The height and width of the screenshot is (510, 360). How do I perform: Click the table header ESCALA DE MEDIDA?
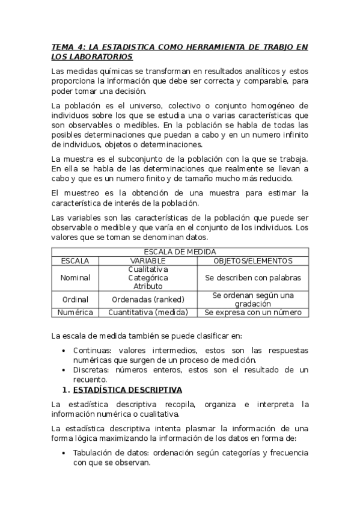180,251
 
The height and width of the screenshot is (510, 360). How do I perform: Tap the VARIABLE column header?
148,260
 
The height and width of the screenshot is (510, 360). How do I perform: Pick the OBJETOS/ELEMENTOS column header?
253,260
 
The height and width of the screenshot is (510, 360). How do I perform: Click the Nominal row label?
75,278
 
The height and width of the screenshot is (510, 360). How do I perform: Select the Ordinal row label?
75,300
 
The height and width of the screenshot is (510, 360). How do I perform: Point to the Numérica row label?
75,312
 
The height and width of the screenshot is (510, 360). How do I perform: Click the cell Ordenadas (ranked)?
148,300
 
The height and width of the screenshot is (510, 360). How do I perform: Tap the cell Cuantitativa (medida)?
148,312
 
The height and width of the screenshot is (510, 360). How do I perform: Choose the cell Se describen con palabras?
253,278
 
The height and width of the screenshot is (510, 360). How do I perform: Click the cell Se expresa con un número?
253,312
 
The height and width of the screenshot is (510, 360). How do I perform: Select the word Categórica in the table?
148,278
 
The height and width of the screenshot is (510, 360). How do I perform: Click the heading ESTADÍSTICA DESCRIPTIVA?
127,391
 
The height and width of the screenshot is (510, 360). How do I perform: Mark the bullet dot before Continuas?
65,351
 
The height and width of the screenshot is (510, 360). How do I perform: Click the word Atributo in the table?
148,286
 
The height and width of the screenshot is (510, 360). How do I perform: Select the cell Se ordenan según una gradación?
253,300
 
